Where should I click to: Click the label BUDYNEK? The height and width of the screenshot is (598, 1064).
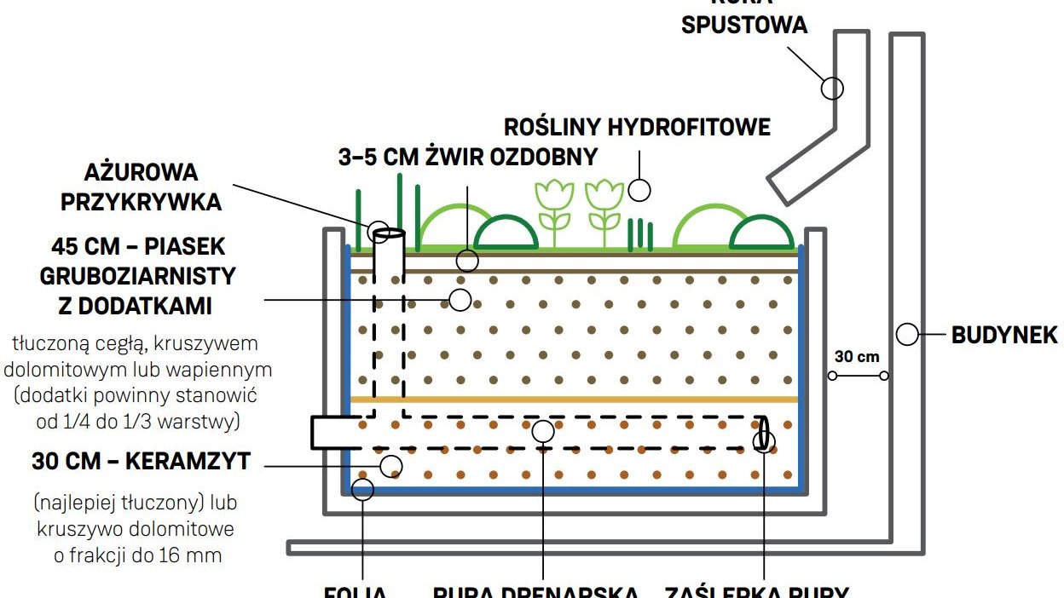click(1004, 335)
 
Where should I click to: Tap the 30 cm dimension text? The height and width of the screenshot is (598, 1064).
click(856, 357)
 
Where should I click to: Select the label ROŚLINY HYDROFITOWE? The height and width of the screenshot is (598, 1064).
click(637, 128)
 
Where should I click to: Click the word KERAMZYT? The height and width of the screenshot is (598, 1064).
click(188, 462)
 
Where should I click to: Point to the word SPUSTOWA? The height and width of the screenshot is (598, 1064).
click(744, 24)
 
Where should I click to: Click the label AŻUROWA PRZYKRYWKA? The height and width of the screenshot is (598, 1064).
click(153, 187)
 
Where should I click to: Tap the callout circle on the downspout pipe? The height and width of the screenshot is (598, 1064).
click(832, 87)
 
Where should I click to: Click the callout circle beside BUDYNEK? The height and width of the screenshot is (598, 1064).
click(908, 335)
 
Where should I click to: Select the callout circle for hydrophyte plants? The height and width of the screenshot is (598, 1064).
click(639, 190)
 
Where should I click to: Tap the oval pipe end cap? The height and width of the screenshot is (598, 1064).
click(763, 433)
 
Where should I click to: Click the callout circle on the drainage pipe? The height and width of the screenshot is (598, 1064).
click(543, 431)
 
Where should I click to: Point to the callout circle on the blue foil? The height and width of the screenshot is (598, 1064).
click(363, 489)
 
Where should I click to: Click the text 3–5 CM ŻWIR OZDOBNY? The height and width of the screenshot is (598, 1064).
click(468, 157)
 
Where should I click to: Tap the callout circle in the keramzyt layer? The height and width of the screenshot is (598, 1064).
click(391, 465)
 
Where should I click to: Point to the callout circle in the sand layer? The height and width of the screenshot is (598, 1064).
click(460, 299)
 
